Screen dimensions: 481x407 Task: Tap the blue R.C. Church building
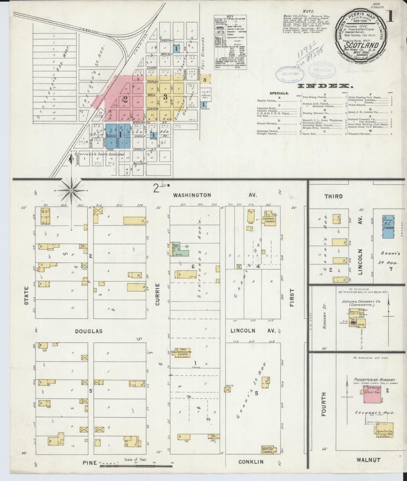pos(388,227)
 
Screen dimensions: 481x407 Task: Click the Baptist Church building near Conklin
pos(267,458)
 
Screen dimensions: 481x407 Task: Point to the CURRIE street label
pos(158,294)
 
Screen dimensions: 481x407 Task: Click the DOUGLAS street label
pos(89,331)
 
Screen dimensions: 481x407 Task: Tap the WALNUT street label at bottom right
pos(368,460)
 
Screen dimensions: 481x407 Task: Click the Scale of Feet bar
pos(136,466)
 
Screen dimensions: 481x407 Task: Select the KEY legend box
pos(228,42)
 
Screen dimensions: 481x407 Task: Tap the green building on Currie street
pos(179,250)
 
